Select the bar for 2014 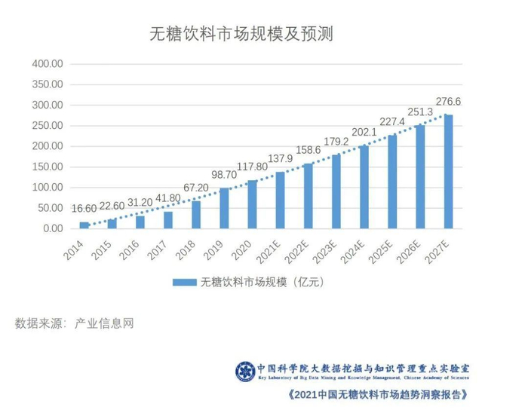pyautogui.click(x=84, y=225)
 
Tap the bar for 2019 pyautogui.click(x=224, y=208)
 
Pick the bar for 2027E pyautogui.click(x=449, y=172)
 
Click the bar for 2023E pyautogui.click(x=336, y=191)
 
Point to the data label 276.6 pyautogui.click(x=450, y=101)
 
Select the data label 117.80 pyautogui.click(x=252, y=167)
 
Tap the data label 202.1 pyautogui.click(x=364, y=133)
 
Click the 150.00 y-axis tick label pyautogui.click(x=47, y=167)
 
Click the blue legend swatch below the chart pyautogui.click(x=184, y=283)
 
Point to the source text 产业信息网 pyautogui.click(x=104, y=324)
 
